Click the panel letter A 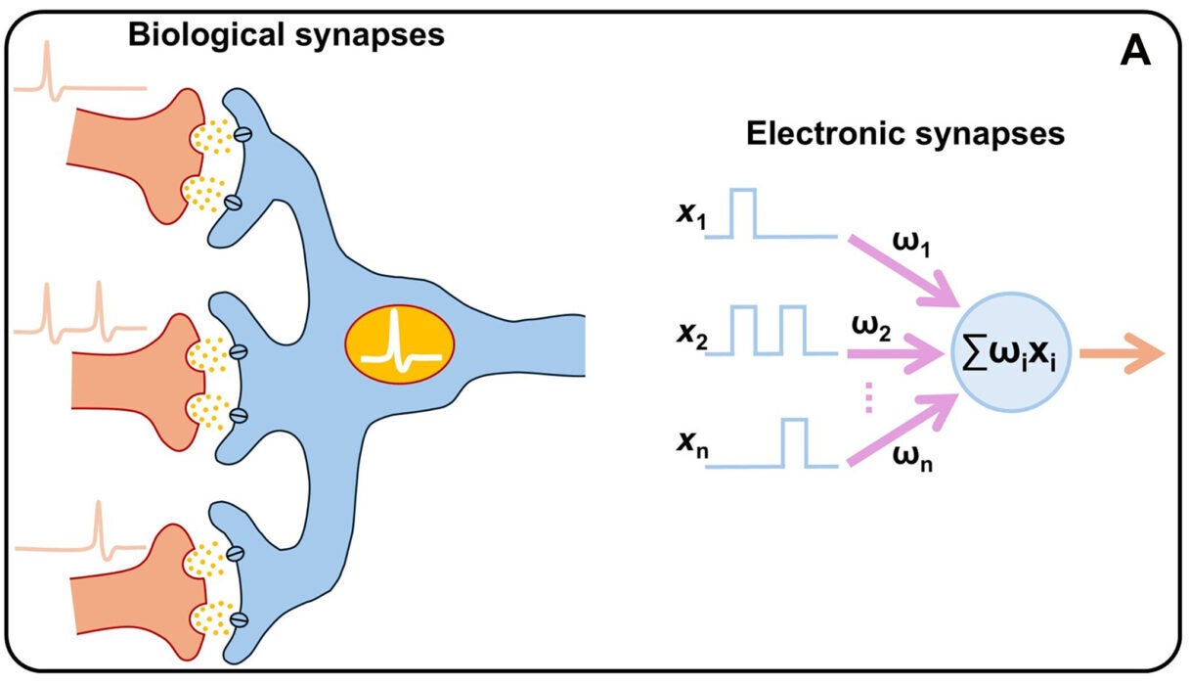point(1134,51)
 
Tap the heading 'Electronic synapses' point(905,134)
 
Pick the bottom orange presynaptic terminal point(137,587)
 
